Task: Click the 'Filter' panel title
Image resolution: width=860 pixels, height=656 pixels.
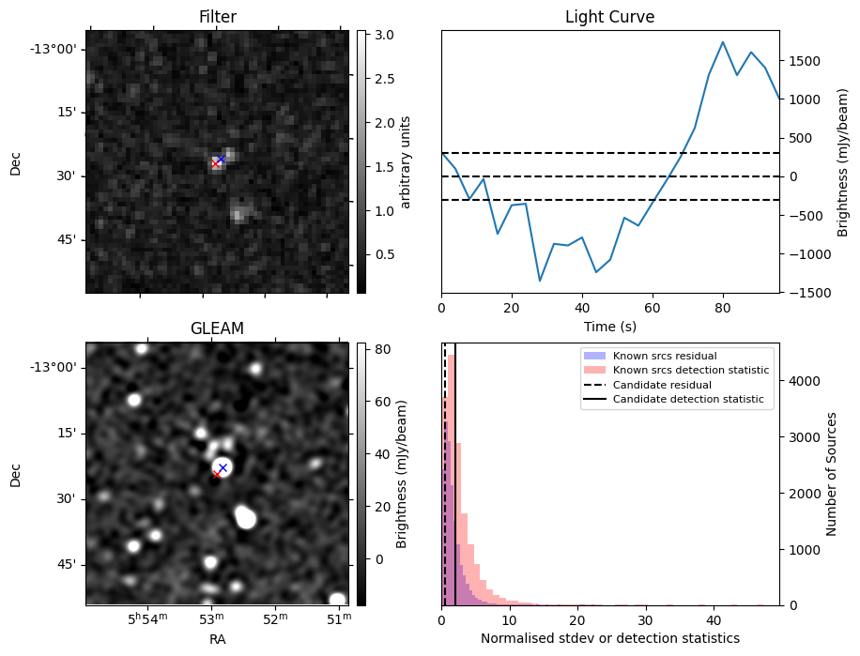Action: click(218, 17)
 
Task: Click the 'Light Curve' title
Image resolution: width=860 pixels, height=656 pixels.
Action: click(609, 17)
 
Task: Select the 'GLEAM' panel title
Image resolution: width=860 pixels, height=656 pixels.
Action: click(217, 328)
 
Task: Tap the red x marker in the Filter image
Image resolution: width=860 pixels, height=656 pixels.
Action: click(215, 163)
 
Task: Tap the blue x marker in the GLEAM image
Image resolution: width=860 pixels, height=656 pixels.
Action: click(223, 467)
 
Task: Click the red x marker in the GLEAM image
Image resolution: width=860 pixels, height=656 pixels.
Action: click(217, 475)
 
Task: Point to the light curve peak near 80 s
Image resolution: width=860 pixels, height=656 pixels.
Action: click(723, 41)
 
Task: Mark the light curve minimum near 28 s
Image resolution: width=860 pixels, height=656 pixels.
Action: click(540, 281)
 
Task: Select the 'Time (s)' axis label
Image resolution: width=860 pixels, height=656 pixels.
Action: click(609, 327)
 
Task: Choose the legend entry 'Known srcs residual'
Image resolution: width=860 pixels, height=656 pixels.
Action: click(665, 356)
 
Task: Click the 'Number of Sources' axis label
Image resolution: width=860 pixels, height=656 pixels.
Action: click(833, 474)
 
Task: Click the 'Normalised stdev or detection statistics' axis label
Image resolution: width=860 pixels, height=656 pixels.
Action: click(609, 638)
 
